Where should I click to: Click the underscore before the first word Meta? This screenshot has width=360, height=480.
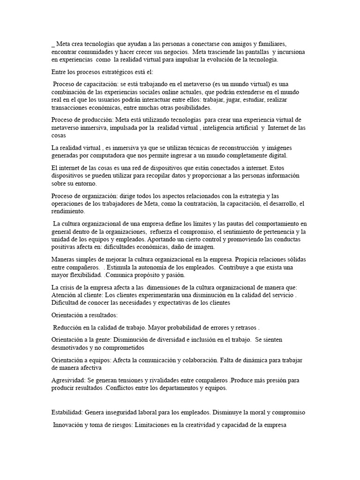(52, 45)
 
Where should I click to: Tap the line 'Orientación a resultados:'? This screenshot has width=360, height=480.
(84, 315)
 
